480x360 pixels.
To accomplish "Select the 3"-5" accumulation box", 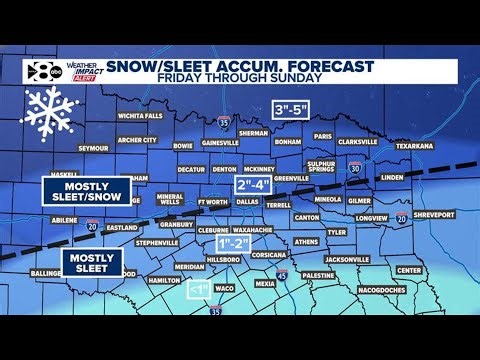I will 293,110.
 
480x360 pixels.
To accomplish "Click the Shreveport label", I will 432,214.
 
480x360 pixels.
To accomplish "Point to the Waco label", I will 224,288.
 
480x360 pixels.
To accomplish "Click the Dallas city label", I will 248,202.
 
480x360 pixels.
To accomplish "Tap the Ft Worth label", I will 213,202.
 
